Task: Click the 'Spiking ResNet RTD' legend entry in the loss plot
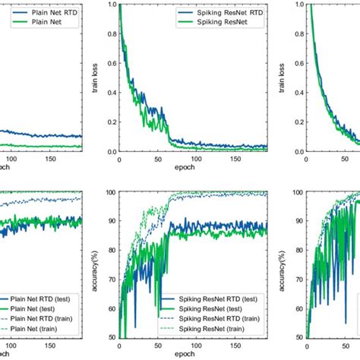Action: coord(207,13)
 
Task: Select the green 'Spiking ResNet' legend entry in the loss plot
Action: coord(200,24)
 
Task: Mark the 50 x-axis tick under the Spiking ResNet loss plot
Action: coord(156,163)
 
